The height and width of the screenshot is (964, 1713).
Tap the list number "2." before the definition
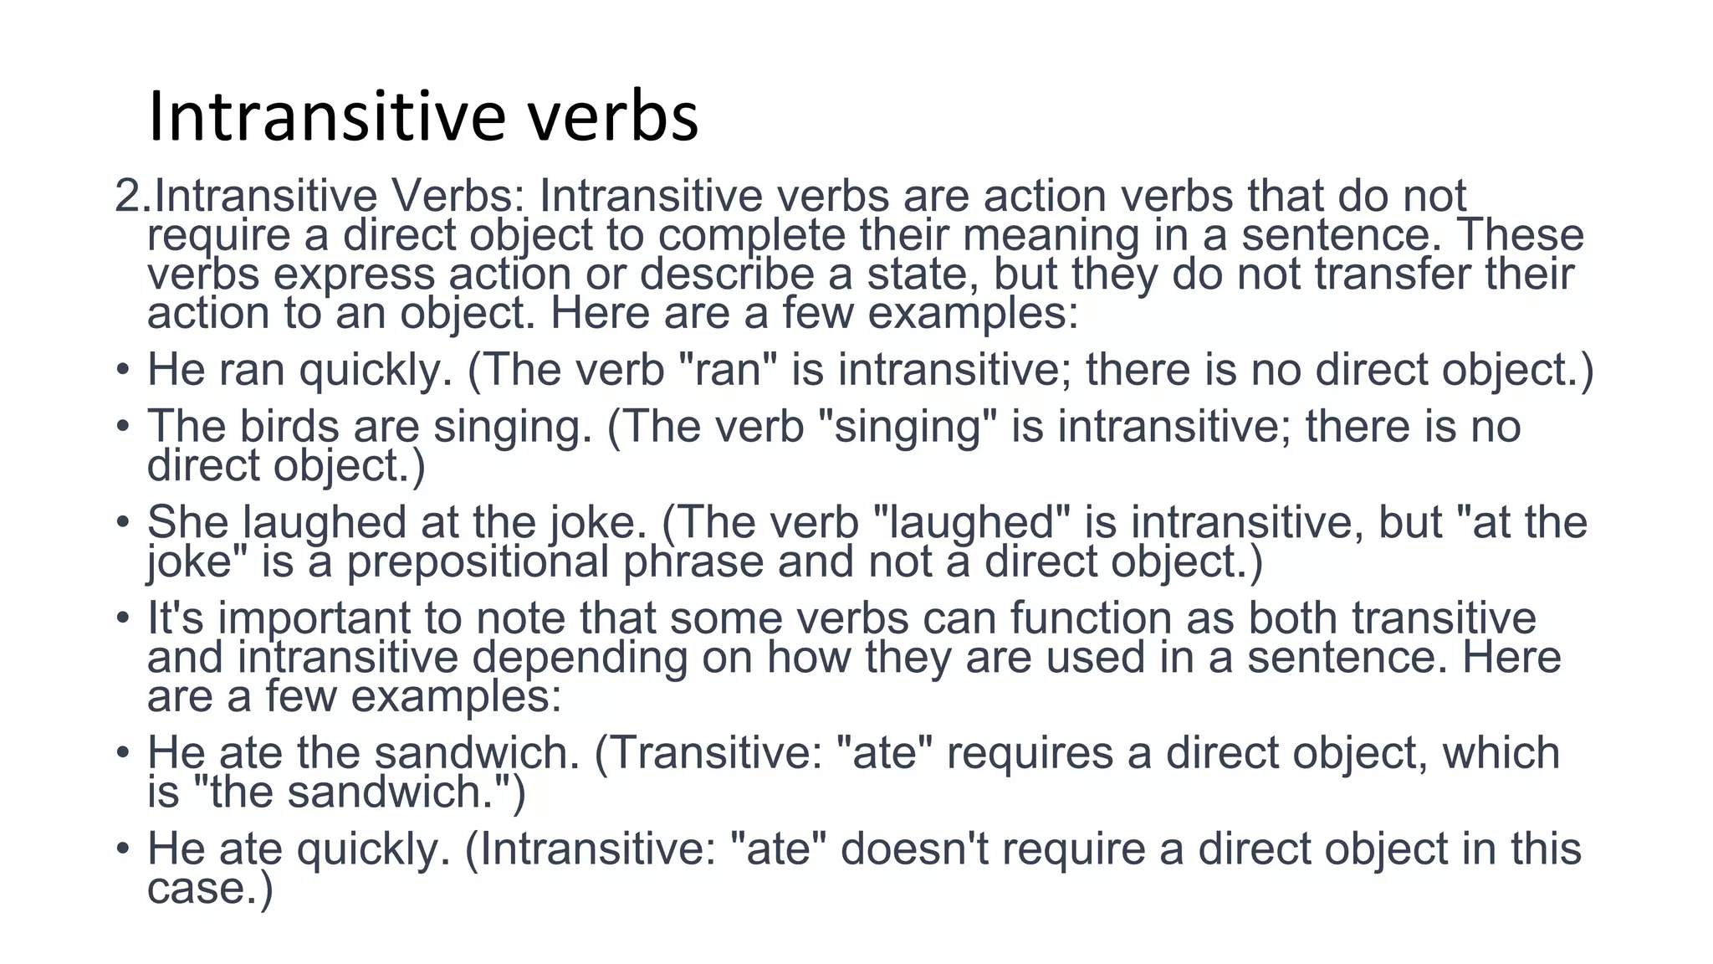tap(133, 197)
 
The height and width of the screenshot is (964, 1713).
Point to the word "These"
tap(1521, 235)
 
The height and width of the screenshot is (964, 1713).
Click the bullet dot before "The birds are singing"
tap(123, 426)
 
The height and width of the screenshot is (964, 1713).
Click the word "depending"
tap(579, 658)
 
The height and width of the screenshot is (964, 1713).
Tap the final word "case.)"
tap(210, 888)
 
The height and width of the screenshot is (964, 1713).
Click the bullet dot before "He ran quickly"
tap(123, 369)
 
